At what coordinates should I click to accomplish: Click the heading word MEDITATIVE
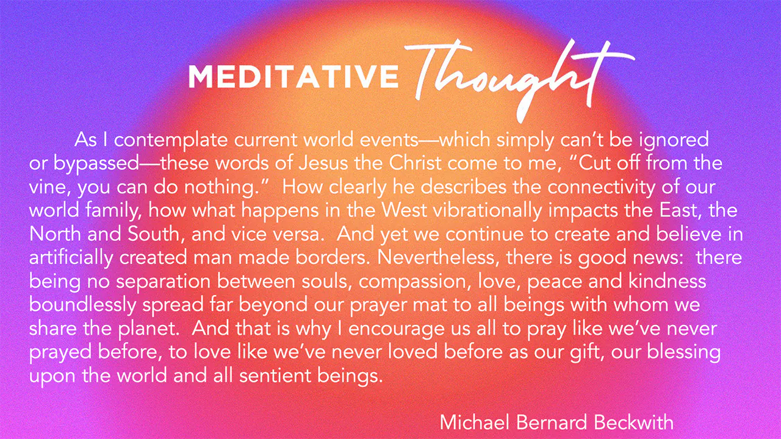293,76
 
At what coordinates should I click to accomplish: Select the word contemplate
171,140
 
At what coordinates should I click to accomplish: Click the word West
404,210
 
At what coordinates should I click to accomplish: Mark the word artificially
71,258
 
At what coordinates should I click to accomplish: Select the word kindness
668,281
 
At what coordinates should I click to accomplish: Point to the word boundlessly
82,305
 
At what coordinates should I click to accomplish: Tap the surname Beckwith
634,423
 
